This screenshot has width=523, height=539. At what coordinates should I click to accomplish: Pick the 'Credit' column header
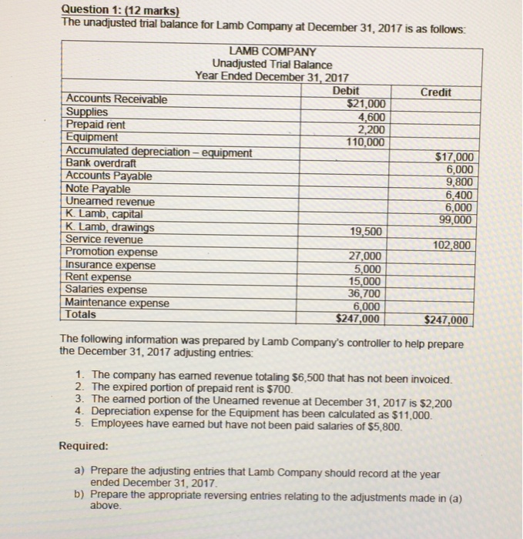tap(436, 92)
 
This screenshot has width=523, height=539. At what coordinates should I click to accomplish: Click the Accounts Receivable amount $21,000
tap(369, 105)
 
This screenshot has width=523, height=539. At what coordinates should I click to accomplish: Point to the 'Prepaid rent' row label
tap(96, 124)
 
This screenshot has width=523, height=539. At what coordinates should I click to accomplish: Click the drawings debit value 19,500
tap(367, 231)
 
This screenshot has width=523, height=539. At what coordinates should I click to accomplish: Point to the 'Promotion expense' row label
tap(112, 252)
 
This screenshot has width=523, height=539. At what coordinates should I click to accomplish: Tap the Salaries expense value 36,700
tap(366, 293)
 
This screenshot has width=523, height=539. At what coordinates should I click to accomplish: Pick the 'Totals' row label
tap(82, 314)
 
